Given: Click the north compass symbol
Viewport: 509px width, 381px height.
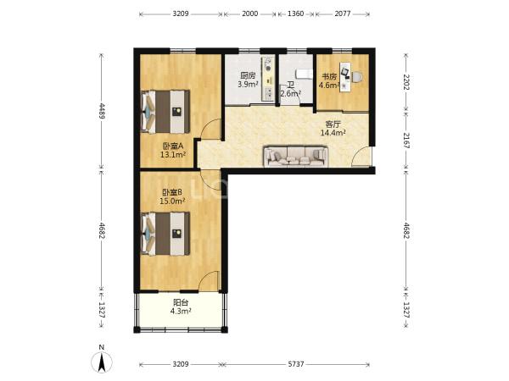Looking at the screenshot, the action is tap(102, 362).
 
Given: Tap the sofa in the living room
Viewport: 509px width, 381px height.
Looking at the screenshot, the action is tap(295, 157).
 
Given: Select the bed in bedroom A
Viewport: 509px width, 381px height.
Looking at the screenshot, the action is tap(165, 112).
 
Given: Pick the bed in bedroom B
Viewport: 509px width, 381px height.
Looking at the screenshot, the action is tap(165, 234).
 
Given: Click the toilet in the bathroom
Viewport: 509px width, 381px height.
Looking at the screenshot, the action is tap(303, 74).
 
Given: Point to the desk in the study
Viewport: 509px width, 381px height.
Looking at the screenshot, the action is tap(345, 77).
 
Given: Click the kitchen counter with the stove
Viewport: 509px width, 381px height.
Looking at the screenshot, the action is tap(268, 80).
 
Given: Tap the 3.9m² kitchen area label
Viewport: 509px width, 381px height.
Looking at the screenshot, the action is tap(248, 85).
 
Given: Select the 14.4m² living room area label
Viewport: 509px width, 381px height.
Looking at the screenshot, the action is tap(333, 133).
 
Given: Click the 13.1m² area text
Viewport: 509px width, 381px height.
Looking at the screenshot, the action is tap(173, 155).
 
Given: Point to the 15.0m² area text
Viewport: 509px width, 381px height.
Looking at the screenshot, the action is tap(172, 201).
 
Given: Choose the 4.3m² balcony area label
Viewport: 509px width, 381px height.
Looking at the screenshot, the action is tap(181, 311).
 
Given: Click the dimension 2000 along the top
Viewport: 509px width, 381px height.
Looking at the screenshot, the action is tap(250, 14).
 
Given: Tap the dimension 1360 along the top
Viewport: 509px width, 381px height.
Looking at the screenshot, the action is tap(296, 14).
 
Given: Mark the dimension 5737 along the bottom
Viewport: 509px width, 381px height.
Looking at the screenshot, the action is tap(296, 364).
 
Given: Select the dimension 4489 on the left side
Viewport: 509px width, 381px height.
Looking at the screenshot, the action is tap(102, 111).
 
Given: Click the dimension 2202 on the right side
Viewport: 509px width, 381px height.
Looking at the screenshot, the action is tap(406, 82).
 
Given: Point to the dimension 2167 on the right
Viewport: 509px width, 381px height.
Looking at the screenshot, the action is tap(406, 141).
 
